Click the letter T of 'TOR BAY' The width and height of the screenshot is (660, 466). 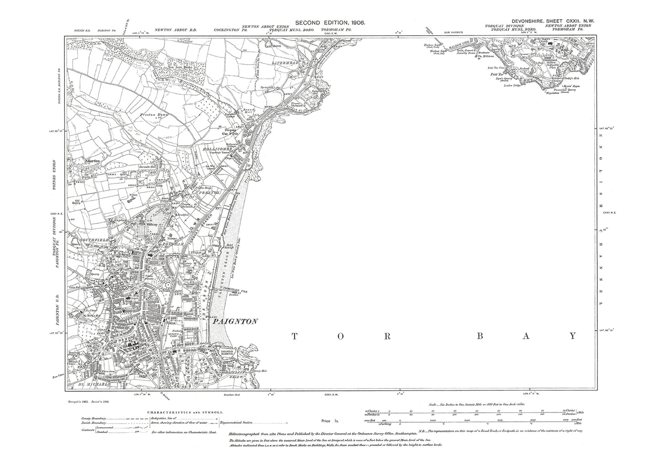[x=294, y=337]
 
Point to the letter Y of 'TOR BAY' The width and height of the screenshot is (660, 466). [x=572, y=337]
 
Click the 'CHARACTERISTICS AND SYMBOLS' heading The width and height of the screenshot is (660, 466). [x=185, y=412]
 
